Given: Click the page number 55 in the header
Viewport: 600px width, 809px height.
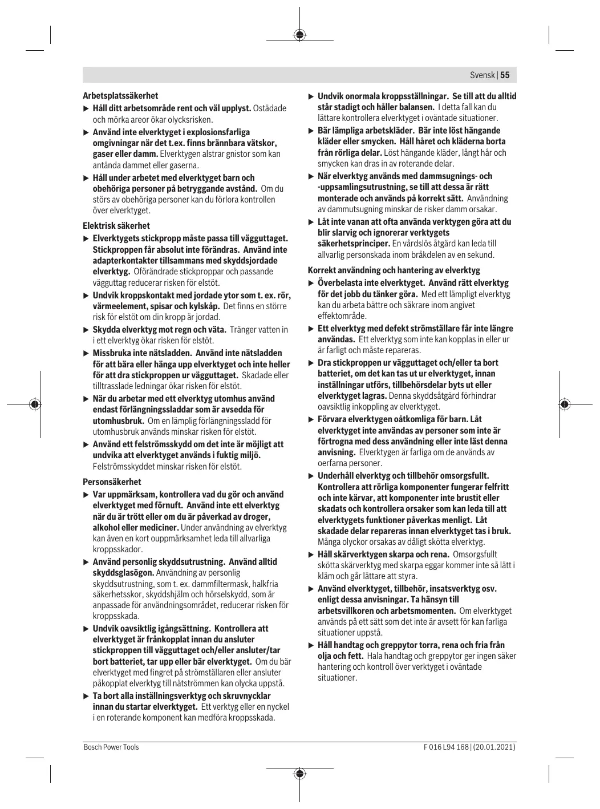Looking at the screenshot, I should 505,75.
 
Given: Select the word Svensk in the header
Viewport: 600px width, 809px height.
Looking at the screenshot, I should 483,75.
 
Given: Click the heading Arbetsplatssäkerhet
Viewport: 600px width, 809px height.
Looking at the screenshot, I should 120,96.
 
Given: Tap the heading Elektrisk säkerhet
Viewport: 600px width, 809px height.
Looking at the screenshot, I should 116,226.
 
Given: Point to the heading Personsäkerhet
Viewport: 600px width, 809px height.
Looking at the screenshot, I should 112,482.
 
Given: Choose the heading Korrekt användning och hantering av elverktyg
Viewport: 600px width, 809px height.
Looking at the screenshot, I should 394,270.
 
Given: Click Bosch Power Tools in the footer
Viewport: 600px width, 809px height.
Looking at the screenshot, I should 111,747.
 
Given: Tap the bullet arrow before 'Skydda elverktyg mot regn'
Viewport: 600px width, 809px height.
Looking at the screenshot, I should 86,330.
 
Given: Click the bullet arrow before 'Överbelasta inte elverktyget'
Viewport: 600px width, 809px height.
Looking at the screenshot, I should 311,283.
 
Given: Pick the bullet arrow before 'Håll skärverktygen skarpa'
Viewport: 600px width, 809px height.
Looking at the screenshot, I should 311,555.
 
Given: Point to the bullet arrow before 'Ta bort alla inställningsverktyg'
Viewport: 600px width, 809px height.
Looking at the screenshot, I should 86,696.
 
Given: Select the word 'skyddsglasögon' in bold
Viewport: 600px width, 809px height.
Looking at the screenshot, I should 123,573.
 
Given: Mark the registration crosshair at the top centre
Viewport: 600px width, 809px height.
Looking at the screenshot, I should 300,35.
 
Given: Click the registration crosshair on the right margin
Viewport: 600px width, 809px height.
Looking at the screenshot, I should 565,404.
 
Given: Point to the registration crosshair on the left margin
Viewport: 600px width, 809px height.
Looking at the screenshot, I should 35,404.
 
